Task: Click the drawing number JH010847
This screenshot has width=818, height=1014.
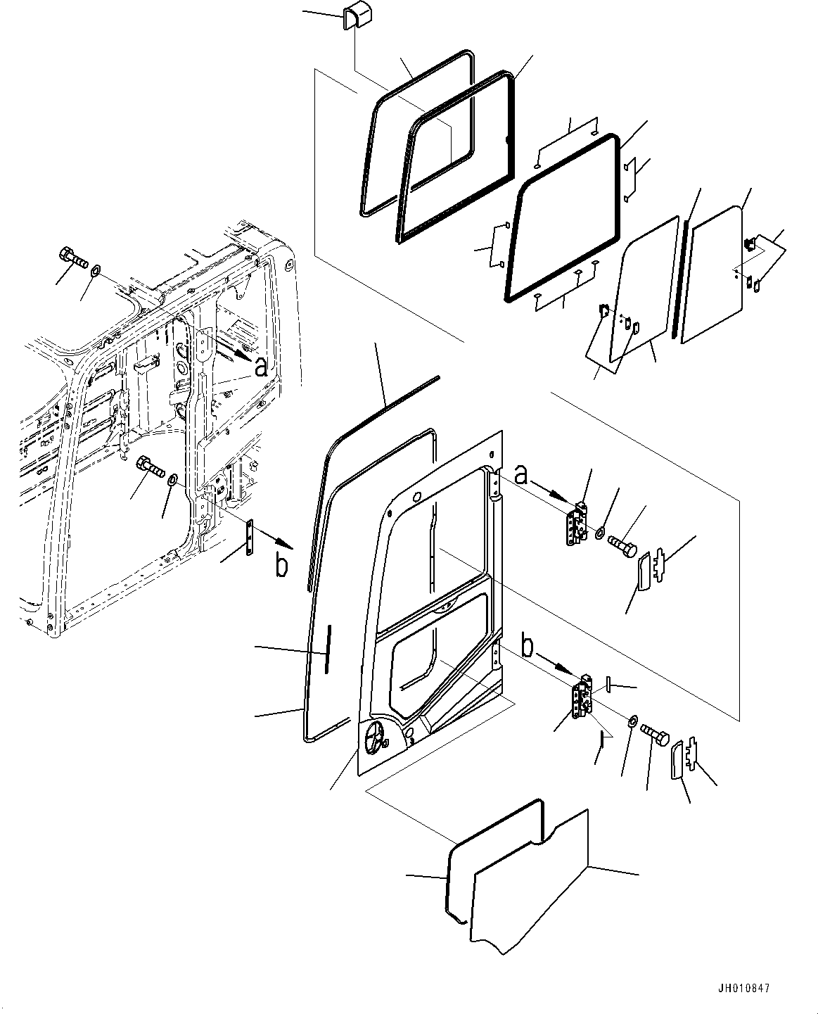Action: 743,988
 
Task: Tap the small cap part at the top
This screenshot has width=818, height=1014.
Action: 357,18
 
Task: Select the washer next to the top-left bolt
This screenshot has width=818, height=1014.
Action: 95,271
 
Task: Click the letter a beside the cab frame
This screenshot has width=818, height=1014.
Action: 261,367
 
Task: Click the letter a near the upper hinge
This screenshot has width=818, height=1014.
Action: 522,476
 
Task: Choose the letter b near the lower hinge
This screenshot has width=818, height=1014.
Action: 528,646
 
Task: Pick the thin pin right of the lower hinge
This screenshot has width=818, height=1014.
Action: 608,683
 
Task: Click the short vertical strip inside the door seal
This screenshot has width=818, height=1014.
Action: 327,649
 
